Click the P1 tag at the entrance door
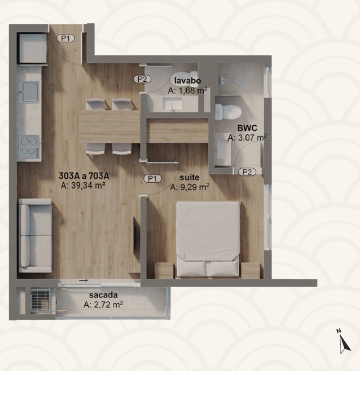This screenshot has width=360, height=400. coord(66,38)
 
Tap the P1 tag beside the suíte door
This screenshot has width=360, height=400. coord(152,179)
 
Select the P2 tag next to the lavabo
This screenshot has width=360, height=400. coord(142,79)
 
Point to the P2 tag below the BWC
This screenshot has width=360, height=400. coord(247,172)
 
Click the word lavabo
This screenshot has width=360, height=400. coord(187,81)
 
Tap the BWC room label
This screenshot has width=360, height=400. coord(247,128)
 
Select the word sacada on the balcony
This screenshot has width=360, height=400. coord(103,295)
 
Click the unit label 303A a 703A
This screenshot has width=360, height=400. coord(84,176)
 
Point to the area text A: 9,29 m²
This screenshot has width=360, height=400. coord(190,187)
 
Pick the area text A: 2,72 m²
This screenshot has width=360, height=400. coord(103,304)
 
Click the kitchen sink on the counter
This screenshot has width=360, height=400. coord(29,92)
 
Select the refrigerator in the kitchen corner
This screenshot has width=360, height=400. coord(32,49)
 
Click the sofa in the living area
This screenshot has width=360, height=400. coord(36,236)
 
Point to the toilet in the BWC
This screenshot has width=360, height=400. coord(228,112)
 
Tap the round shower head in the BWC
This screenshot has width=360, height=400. coord(239,80)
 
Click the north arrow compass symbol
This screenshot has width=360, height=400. coord(344,342)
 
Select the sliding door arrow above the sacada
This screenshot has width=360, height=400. coord(84,280)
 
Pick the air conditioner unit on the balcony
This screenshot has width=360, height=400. coord(40,301)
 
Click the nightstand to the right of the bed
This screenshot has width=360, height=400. coord(251,270)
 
